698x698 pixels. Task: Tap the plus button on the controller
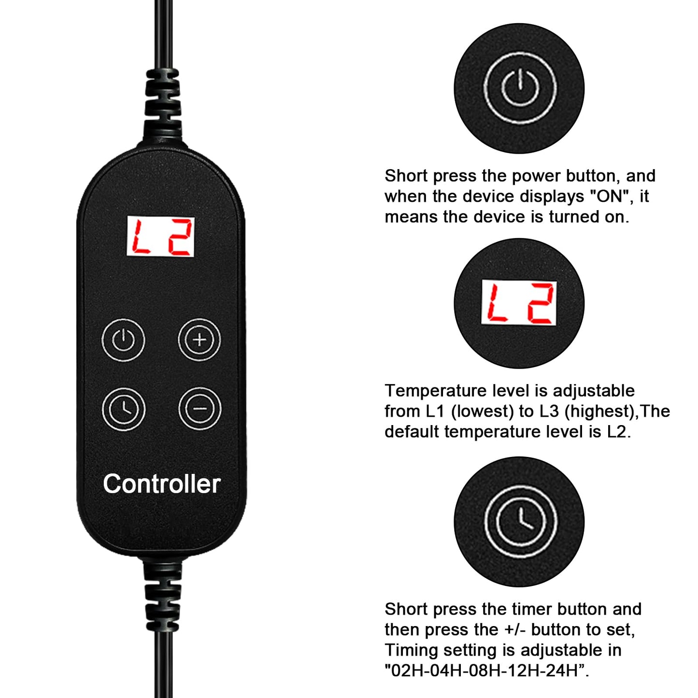click(199, 340)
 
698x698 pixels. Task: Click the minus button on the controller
click(199, 409)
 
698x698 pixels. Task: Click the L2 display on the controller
click(160, 237)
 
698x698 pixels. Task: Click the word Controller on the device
click(161, 484)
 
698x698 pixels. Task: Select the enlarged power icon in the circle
click(519, 88)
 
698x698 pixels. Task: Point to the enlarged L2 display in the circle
click(519, 302)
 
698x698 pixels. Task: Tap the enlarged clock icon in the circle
click(521, 521)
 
